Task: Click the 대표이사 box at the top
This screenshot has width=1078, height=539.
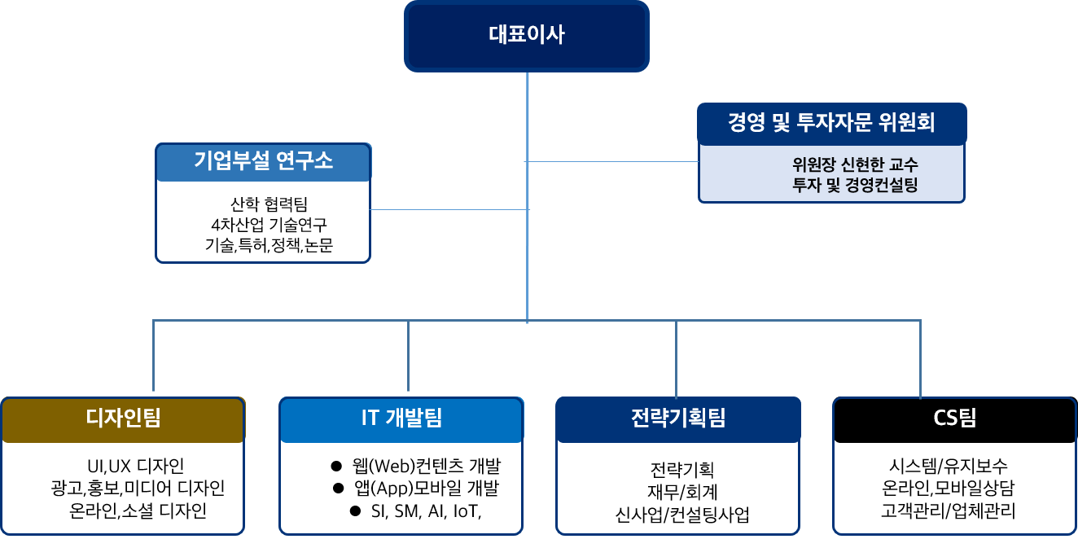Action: (x=527, y=36)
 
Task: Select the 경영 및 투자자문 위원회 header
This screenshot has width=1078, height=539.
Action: (x=831, y=124)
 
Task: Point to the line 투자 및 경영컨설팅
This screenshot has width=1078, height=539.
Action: (x=855, y=185)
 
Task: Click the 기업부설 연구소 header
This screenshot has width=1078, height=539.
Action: (x=263, y=161)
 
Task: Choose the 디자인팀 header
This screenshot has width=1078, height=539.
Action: (x=123, y=419)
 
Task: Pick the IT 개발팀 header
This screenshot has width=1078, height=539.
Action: (x=401, y=419)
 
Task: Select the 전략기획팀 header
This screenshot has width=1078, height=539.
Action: (x=678, y=419)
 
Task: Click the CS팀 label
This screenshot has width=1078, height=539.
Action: (x=954, y=419)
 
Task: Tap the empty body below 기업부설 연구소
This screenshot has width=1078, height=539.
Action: (x=263, y=221)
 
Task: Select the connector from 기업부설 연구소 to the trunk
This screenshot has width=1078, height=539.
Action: (x=449, y=210)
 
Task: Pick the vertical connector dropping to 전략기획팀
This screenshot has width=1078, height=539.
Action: (x=676, y=358)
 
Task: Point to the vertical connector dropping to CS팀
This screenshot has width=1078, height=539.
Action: (x=921, y=358)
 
